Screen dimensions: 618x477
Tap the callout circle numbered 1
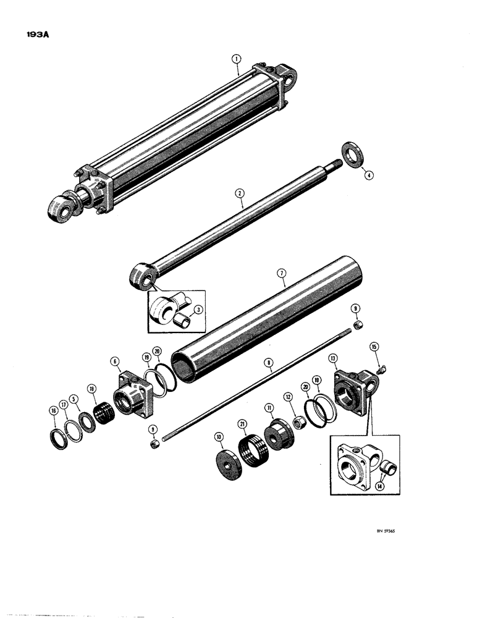(x=235, y=60)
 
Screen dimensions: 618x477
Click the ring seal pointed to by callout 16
(x=58, y=436)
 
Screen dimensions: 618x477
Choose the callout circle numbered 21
(x=242, y=423)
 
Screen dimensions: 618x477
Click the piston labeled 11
(x=276, y=433)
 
